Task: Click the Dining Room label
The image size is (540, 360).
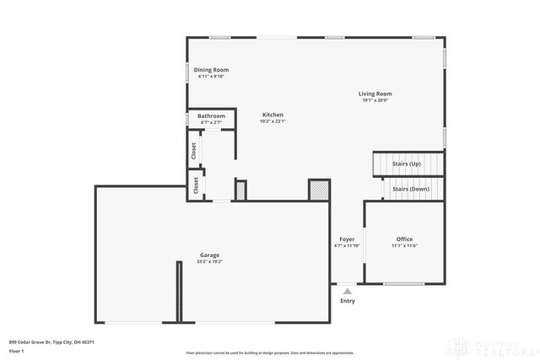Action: click(211, 70)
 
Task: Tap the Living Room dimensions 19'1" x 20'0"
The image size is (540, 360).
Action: click(375, 101)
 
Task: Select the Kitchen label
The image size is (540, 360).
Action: click(273, 115)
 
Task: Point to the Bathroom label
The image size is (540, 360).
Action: click(211, 116)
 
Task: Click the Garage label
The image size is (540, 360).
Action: click(209, 255)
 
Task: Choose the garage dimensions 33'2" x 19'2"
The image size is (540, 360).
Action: click(209, 262)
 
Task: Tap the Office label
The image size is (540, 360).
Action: click(404, 239)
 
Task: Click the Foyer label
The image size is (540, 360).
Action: click(347, 239)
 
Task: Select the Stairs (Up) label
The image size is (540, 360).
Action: click(408, 164)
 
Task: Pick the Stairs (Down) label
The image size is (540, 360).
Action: click(410, 189)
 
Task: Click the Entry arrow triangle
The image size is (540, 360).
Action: click(347, 291)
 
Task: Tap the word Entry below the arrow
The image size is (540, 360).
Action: click(347, 301)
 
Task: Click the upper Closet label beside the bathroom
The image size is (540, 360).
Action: click(194, 150)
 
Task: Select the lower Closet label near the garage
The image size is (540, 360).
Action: click(197, 185)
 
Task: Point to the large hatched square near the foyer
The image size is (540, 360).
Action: click(319, 191)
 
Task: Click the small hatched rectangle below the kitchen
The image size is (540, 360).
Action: click(240, 191)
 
